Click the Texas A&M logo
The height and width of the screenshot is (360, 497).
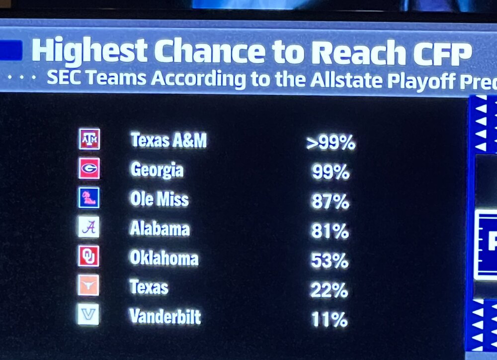pos(89,139)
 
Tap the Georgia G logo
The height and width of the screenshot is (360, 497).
pos(89,169)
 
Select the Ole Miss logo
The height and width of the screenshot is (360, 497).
pos(89,197)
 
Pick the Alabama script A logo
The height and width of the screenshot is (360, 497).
pos(89,227)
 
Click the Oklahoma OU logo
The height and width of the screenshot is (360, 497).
pos(89,256)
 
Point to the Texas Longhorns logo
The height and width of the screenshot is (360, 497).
pos(89,285)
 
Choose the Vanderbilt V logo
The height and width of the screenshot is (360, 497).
pos(88,314)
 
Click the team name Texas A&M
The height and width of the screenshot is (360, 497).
pos(168,141)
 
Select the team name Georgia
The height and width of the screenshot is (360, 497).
pos(157,170)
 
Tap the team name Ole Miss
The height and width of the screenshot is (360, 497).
pos(159,199)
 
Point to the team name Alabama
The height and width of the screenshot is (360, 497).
pos(160,229)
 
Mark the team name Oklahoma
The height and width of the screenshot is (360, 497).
pos(164,258)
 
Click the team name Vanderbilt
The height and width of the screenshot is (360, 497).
pos(165,316)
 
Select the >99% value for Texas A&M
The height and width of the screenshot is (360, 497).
pos(331,143)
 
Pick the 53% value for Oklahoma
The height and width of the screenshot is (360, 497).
pos(330,261)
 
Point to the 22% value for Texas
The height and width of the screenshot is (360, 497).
pos(329,290)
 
